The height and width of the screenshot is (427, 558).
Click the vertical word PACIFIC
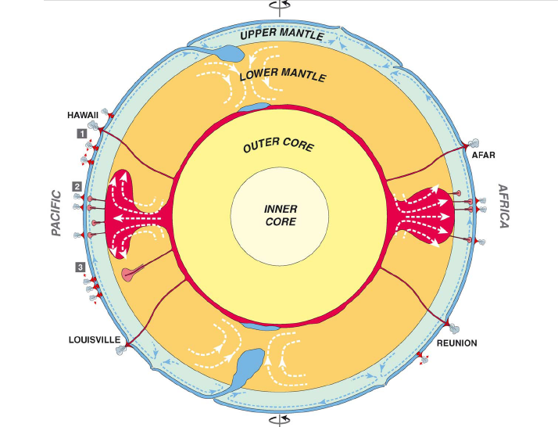[56, 212]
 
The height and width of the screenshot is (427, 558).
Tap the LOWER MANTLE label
[283, 76]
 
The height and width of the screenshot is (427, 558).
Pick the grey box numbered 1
[80, 134]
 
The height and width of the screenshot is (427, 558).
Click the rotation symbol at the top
[278, 5]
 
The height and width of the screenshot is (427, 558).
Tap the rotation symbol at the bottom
[278, 421]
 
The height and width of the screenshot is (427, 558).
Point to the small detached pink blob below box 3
[130, 274]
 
